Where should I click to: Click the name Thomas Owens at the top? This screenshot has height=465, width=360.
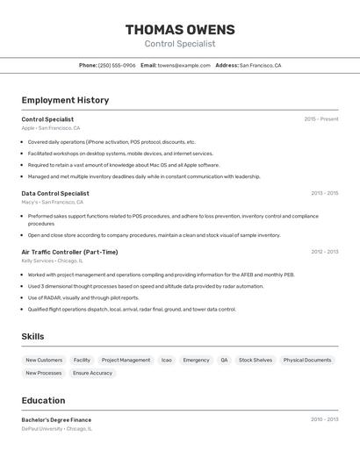[180, 30]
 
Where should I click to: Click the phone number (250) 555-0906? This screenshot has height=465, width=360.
[117, 65]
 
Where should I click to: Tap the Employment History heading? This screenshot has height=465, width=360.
[65, 100]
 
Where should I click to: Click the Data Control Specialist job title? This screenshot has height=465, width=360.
[55, 193]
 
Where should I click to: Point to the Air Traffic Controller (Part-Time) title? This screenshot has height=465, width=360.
[69, 252]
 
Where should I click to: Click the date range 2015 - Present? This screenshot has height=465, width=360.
[321, 119]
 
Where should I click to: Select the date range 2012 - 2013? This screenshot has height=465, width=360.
[324, 252]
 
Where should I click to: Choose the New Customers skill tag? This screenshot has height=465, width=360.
[44, 360]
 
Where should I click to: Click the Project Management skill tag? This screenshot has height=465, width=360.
[126, 360]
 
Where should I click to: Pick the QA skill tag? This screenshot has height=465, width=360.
[224, 360]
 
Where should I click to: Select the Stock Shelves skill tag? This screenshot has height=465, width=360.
[256, 360]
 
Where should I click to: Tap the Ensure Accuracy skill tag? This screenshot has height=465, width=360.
[92, 373]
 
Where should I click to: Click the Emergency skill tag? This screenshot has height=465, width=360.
[196, 360]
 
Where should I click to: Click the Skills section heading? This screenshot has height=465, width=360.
[32, 336]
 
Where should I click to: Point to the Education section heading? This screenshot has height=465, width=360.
[43, 400]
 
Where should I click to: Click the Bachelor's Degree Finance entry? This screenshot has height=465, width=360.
[56, 419]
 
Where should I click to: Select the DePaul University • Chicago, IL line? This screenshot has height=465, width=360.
[56, 429]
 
